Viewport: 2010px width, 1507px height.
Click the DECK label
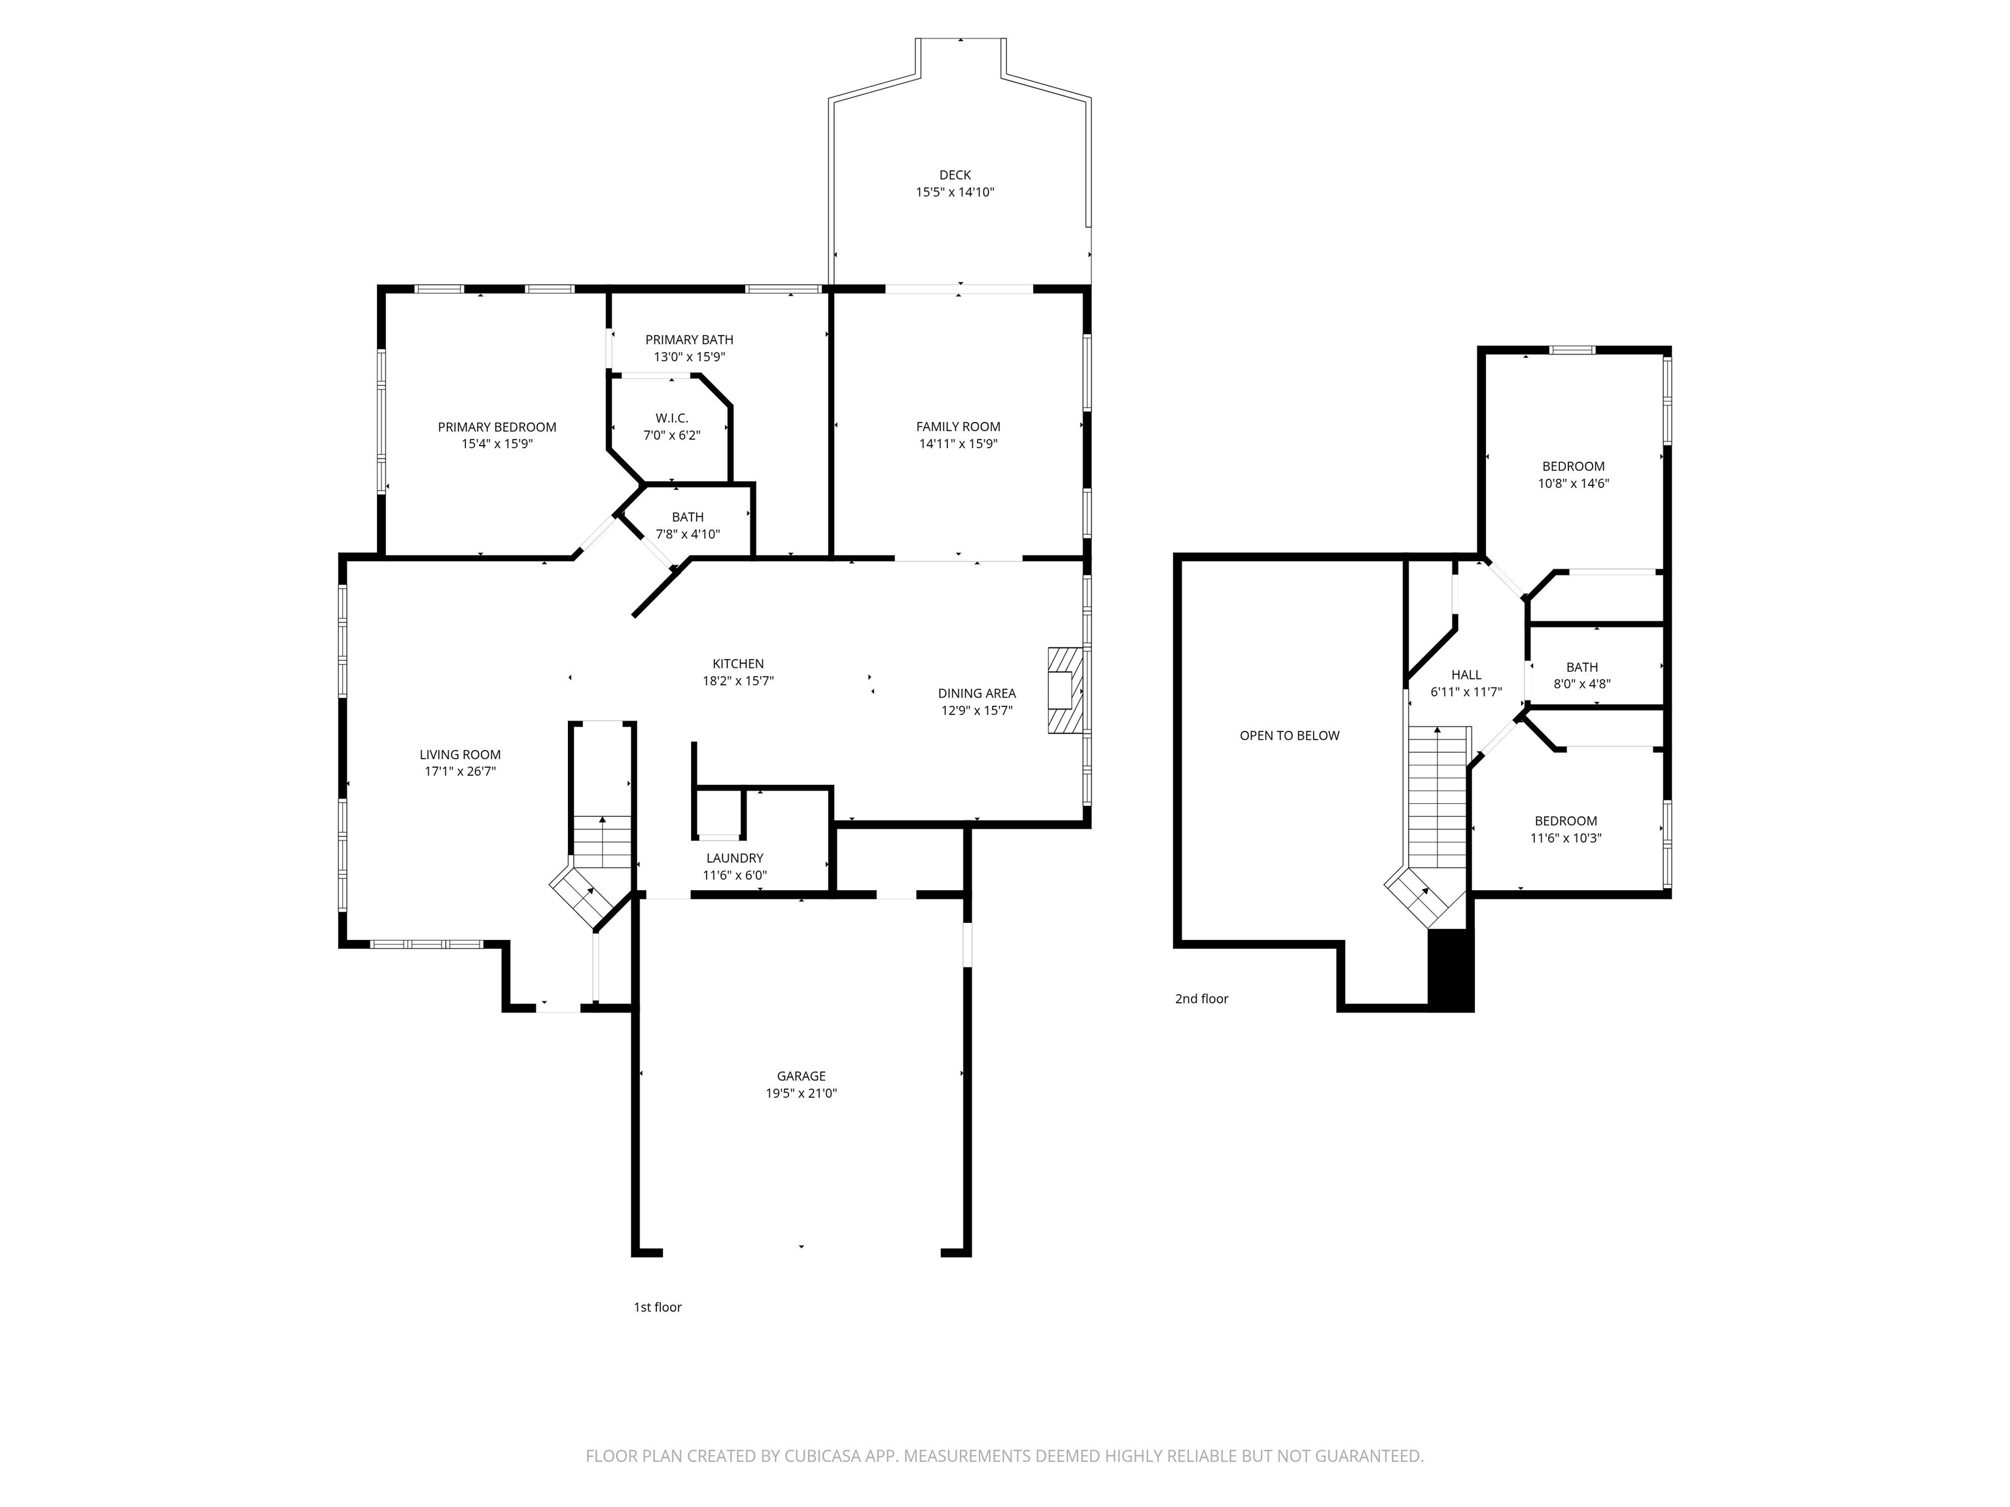[955, 175]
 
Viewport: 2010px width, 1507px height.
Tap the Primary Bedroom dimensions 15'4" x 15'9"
[497, 444]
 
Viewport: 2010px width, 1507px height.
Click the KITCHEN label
[738, 664]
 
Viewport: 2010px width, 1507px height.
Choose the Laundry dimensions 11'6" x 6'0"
[734, 876]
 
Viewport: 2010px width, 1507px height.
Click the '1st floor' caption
[657, 1307]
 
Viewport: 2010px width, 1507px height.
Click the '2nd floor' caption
[1201, 998]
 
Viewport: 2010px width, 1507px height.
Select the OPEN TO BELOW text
[1288, 736]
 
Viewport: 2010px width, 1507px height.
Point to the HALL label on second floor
[1466, 675]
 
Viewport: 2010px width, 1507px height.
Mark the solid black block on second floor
[1451, 969]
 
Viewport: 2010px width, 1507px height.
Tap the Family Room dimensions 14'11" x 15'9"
[958, 444]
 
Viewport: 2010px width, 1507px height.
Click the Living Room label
[460, 755]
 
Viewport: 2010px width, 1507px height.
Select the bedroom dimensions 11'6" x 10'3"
[1564, 839]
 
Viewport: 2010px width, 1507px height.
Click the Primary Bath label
[689, 339]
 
